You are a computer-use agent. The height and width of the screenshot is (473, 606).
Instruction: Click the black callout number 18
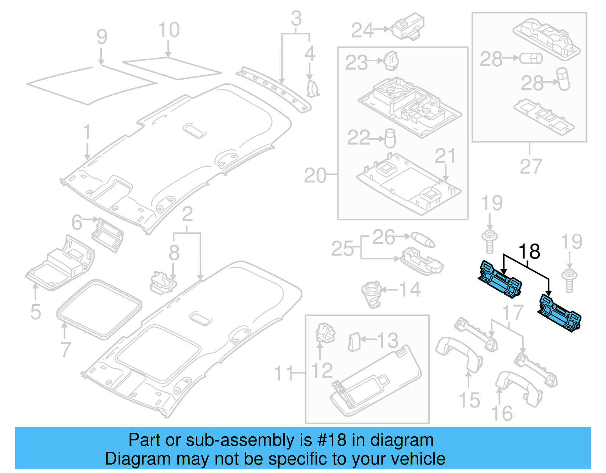pos(529,252)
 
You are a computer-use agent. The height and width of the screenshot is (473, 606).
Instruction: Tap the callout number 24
pos(362,30)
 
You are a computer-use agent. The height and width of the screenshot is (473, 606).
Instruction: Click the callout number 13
pos(387,340)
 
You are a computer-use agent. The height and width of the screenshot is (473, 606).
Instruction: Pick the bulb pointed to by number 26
pos(423,240)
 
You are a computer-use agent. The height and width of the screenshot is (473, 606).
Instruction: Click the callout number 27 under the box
pos(531,167)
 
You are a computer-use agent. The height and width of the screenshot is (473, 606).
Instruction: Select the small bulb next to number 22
pos(390,138)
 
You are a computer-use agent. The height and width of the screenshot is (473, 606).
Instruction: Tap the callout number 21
pos(445,156)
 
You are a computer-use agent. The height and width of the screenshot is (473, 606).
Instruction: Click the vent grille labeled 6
pos(108,235)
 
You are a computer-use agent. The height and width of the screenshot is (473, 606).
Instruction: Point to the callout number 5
pos(36,312)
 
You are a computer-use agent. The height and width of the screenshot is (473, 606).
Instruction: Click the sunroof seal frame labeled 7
pos(99,309)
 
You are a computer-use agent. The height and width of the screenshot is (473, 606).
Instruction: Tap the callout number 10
pos(169,30)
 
